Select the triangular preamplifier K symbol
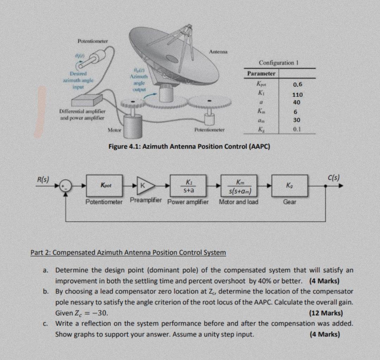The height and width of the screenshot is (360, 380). click(145, 185)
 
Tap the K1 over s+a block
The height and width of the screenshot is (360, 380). click(189, 186)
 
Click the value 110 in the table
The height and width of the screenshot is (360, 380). click(297, 94)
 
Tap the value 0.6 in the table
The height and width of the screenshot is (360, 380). click(297, 85)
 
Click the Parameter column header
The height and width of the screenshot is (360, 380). click(261, 74)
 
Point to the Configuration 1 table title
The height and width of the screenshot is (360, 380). click(276, 63)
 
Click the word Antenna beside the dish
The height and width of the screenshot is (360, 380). click(218, 52)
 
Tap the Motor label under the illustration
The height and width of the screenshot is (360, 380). click(115, 130)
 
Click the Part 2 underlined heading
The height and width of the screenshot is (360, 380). click(128, 253)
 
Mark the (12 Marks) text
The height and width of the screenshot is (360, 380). click(325, 313)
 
